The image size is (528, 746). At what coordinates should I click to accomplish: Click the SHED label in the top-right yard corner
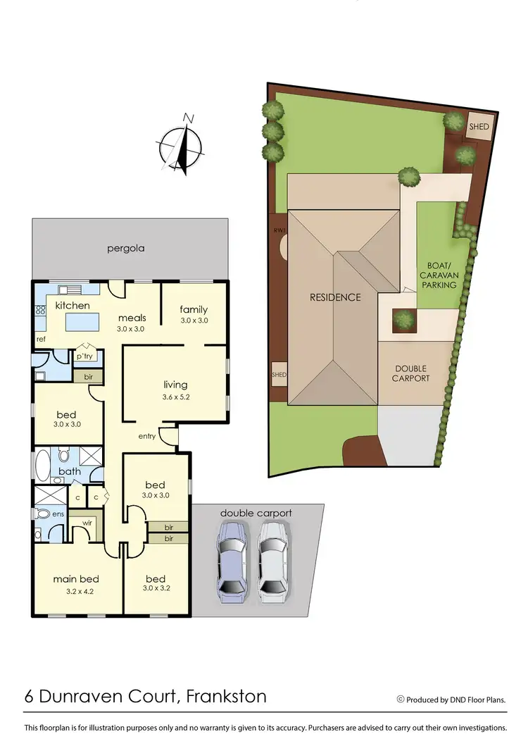click(x=479, y=126)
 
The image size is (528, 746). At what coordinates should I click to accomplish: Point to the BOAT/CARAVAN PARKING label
click(x=438, y=275)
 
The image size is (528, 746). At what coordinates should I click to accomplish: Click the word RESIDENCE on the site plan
click(x=335, y=297)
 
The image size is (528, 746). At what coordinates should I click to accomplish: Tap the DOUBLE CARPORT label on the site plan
click(x=410, y=373)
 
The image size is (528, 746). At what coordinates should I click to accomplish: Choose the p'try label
click(x=84, y=356)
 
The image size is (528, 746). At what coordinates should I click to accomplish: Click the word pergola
click(x=126, y=249)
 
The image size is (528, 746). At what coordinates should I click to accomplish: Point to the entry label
click(x=146, y=437)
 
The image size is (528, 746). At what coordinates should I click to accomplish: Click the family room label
click(x=193, y=309)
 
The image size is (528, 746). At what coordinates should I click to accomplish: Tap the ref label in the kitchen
click(x=41, y=340)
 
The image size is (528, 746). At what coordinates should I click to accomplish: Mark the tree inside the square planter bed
click(x=403, y=319)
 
